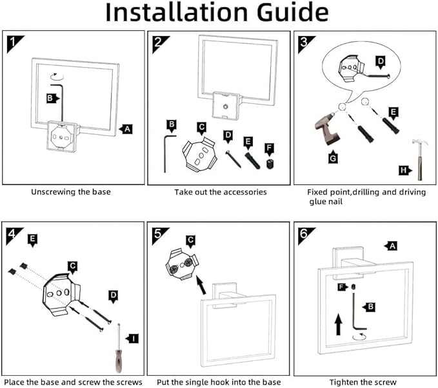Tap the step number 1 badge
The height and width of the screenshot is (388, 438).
click(13, 43)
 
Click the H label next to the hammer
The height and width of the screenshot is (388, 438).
click(404, 170)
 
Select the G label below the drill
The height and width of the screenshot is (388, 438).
click(333, 156)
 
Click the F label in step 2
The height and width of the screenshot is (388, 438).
click(269, 148)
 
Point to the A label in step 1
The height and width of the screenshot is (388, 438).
click(127, 129)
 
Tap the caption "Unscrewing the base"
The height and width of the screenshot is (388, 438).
click(71, 191)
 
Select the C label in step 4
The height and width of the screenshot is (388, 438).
click(73, 264)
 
